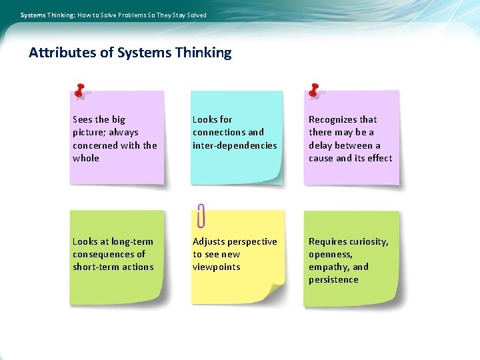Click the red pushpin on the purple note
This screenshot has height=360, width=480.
(80, 91)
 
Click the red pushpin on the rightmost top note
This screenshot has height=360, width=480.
(314, 91)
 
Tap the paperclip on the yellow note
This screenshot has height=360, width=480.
(201, 215)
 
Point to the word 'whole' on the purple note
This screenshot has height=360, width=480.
(86, 158)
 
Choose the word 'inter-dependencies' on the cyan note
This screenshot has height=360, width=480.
(235, 145)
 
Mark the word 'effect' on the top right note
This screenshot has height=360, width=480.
(379, 158)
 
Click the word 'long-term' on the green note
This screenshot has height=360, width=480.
(132, 241)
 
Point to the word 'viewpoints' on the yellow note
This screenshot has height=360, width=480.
(217, 267)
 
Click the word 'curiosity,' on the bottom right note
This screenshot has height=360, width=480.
(367, 241)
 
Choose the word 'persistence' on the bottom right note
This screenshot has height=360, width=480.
(333, 279)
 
